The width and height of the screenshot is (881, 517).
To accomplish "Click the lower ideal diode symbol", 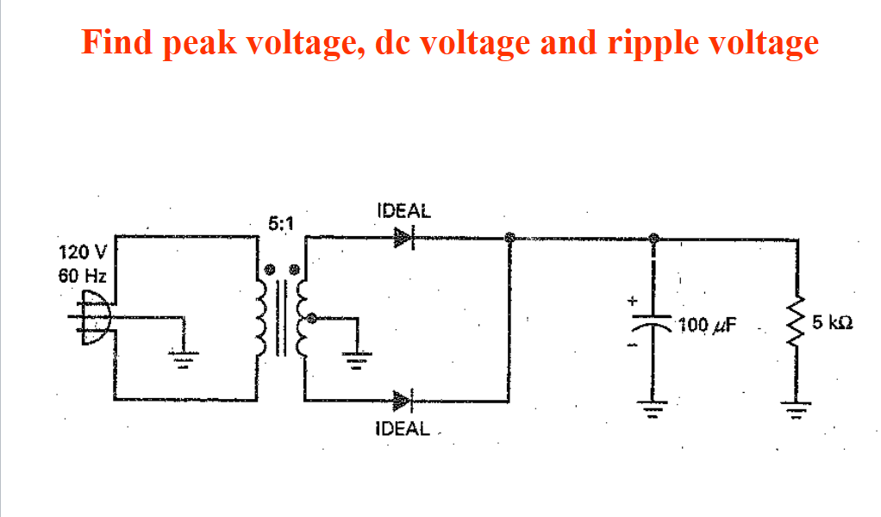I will [404, 401].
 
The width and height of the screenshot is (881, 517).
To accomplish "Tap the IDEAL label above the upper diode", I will [403, 209].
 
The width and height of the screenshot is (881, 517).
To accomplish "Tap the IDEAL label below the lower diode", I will [403, 428].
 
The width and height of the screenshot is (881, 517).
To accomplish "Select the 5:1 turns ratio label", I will [281, 224].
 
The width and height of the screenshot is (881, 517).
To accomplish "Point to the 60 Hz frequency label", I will [80, 276].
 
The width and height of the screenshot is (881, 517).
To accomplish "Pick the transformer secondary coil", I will [303, 319].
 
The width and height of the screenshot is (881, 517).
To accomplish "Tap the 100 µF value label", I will [707, 326].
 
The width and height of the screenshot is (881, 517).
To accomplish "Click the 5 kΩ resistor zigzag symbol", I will [797, 324].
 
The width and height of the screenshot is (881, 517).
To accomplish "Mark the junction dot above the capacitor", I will [654, 238].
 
